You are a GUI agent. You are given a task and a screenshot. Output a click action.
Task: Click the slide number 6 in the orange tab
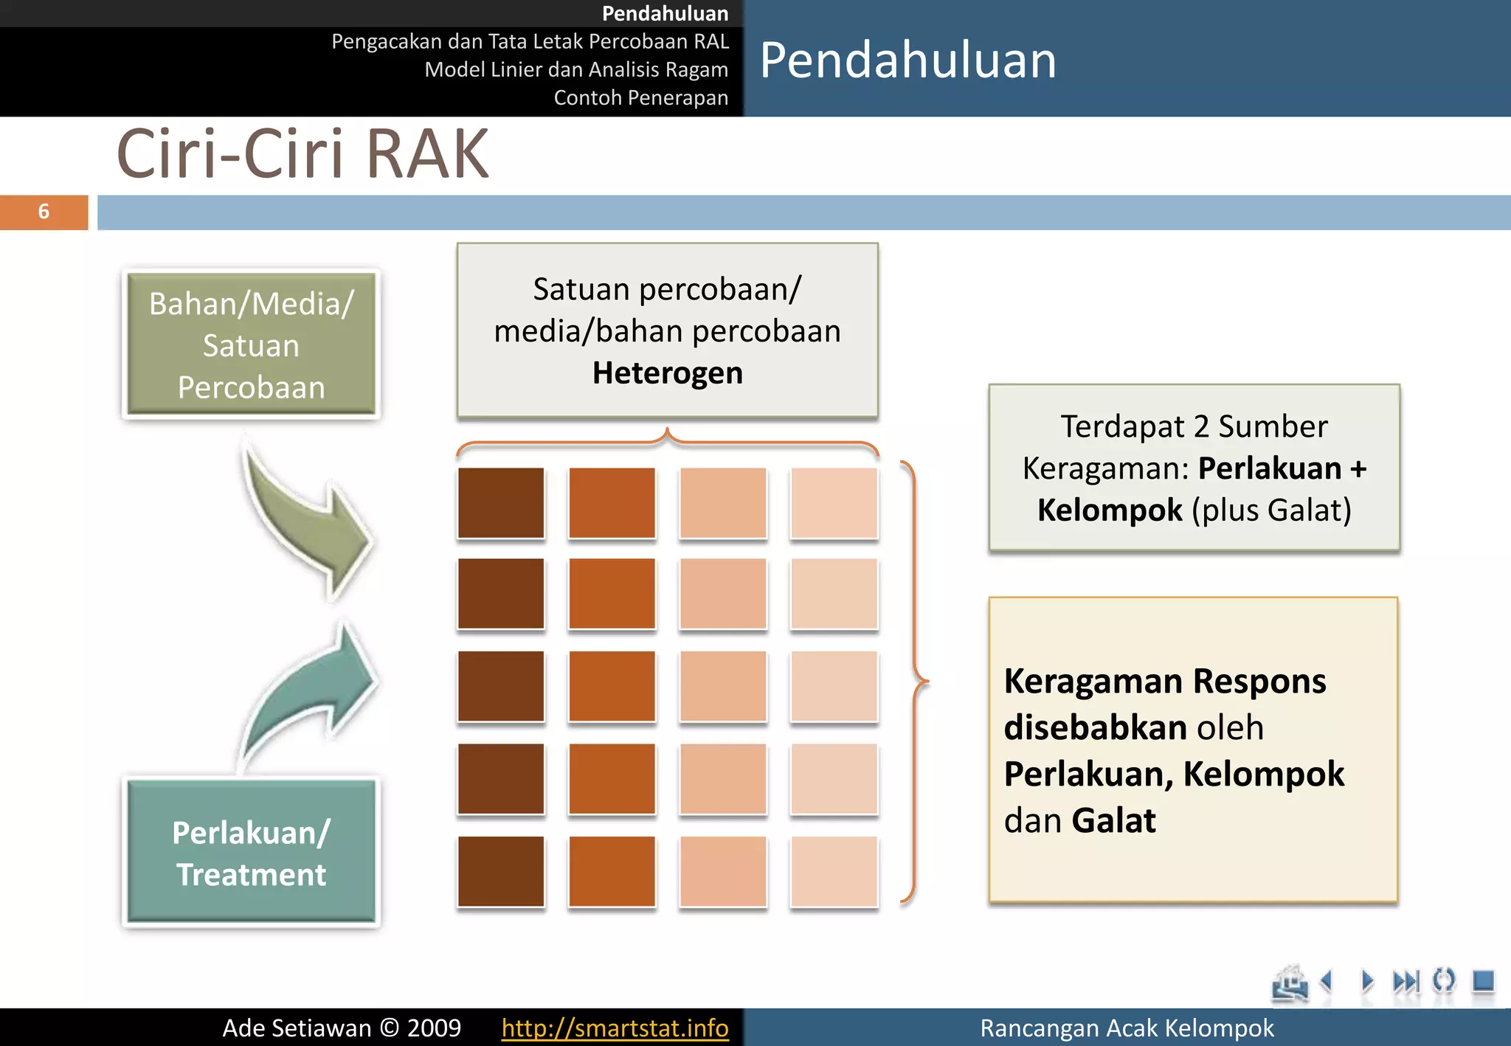pos(44,212)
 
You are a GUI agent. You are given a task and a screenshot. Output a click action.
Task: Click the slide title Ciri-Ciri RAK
pos(302,154)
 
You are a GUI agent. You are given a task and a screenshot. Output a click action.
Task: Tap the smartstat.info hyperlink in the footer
pos(615,1028)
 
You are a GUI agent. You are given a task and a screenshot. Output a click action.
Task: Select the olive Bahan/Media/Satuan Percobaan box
pos(251,344)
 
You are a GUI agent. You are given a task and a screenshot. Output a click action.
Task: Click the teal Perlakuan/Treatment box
pos(251,852)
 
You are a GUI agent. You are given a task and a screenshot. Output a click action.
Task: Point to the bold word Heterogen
pos(667,373)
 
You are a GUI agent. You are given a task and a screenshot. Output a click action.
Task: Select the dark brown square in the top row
pos(501,502)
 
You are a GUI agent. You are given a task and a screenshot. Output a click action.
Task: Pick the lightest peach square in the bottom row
pos(834,871)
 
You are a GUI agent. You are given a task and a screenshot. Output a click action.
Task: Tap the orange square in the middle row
pos(612,686)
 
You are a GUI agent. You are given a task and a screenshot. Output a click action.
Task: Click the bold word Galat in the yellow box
pos(1113,820)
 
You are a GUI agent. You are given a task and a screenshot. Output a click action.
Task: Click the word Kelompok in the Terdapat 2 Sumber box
pos(1110,510)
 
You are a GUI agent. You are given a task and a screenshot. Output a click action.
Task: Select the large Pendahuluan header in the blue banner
pos(907,60)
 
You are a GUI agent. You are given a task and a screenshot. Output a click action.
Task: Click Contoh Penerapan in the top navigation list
pos(640,97)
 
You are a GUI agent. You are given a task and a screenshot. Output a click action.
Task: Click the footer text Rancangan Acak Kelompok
pos(1126,1028)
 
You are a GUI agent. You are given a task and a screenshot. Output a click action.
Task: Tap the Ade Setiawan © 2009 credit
pos(342,1028)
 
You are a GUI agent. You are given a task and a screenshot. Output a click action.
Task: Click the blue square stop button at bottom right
pos(1482,981)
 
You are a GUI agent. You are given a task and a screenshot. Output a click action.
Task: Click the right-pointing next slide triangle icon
pos(1367,981)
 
